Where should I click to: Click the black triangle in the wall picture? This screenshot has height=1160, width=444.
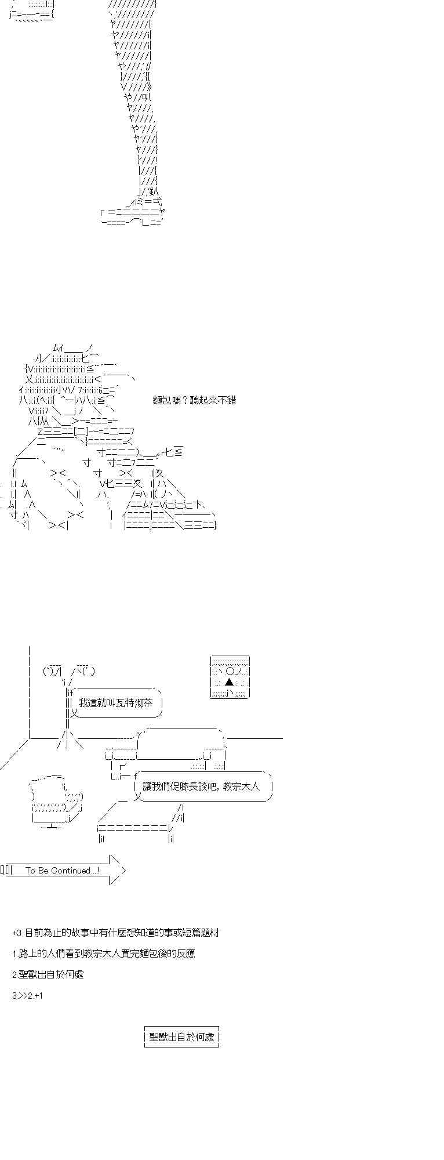tap(230, 681)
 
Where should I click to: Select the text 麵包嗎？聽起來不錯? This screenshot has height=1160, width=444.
tap(194, 400)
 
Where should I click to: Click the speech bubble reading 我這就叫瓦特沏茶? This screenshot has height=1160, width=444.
tap(116, 702)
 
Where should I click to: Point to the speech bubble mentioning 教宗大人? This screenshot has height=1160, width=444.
tap(203, 787)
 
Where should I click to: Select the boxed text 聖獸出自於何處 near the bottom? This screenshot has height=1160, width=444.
tap(181, 1037)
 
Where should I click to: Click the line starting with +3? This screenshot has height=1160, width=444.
tap(115, 933)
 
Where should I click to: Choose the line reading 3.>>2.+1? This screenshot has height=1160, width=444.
tap(27, 996)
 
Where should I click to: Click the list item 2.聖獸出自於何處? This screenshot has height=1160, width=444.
tap(48, 974)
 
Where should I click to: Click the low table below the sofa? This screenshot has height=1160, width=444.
tap(139, 824)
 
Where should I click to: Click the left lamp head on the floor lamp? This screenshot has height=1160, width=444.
tap(52, 672)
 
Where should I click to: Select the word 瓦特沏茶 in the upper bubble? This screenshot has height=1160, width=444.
tap(133, 702)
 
